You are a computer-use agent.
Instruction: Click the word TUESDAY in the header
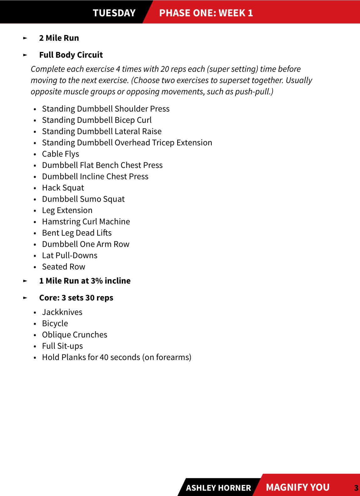[114, 13]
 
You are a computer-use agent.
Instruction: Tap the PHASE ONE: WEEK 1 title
[206, 13]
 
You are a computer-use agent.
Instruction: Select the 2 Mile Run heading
[59, 38]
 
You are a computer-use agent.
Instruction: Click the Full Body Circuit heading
[71, 55]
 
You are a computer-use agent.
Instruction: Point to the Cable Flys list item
[60, 154]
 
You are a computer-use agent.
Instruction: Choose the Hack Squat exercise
[63, 188]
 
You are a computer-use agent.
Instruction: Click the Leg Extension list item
[67, 210]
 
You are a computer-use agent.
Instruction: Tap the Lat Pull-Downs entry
[69, 255]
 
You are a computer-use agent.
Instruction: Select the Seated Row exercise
[64, 267]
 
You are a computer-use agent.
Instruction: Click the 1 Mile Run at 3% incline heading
[85, 281]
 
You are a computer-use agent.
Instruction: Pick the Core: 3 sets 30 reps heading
[76, 298]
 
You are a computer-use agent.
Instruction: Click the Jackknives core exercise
[62, 312]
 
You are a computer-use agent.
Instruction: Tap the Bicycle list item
[55, 323]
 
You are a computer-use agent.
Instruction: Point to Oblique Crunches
[75, 335]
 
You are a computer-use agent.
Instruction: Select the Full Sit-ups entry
[62, 346]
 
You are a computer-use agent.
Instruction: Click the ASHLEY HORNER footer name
[218, 488]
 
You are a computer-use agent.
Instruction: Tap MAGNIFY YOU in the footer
[297, 487]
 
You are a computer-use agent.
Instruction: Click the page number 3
[356, 488]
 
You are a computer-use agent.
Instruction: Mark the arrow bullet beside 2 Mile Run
[25, 38]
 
